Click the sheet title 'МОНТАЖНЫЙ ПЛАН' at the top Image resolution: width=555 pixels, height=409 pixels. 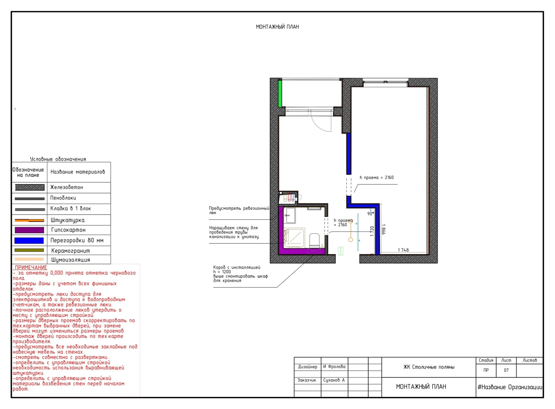point(277,27)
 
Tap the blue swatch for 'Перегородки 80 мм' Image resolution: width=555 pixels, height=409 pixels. point(29,241)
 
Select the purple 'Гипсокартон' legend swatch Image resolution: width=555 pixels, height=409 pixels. point(29,230)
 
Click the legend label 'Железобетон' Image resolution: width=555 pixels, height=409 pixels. point(66,188)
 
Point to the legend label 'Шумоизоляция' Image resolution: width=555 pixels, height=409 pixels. point(71,260)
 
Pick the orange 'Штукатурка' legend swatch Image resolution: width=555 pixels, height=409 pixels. point(29,220)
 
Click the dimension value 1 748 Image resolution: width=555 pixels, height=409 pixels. point(403,250)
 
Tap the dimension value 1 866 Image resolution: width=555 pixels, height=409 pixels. point(383,229)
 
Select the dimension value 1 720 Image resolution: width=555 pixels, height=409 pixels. point(372,231)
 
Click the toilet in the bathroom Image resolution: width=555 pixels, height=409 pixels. point(314,241)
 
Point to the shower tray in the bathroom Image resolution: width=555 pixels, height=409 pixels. point(294,238)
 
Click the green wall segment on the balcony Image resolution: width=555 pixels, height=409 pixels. point(280,94)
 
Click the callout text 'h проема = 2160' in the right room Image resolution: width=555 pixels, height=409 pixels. point(377,177)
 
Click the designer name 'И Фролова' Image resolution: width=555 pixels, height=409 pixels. point(334,367)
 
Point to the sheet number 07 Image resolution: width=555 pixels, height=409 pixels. point(506,371)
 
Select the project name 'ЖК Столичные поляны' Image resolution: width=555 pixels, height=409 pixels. point(429,367)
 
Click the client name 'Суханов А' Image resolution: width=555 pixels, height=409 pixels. point(334,380)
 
